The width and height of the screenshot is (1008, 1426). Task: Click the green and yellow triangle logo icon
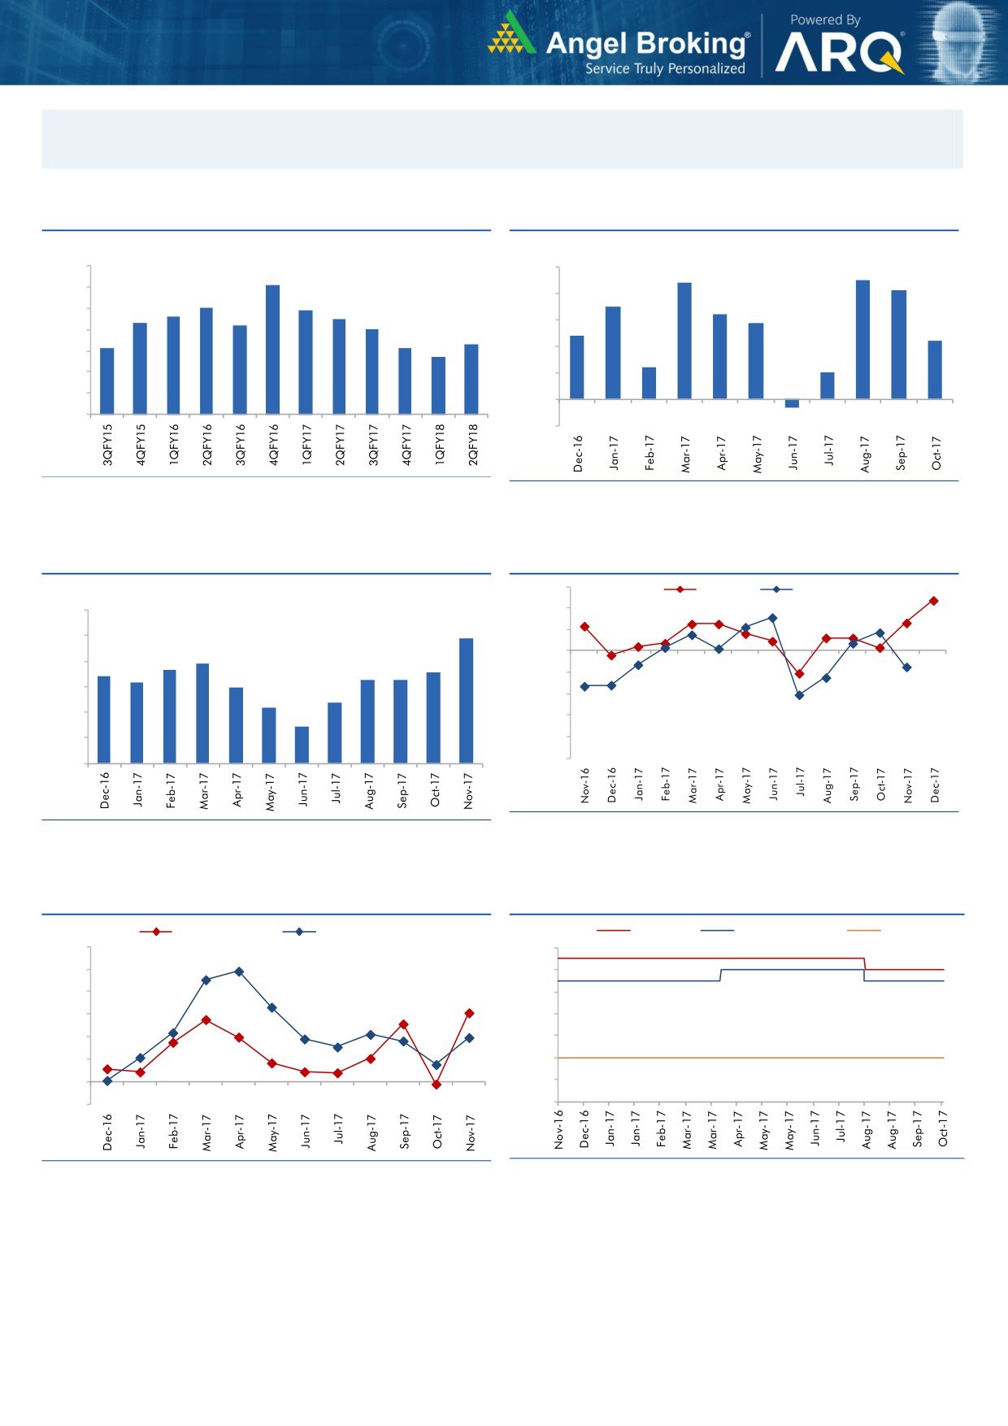(x=511, y=34)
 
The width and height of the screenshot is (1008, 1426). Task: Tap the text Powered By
(x=825, y=20)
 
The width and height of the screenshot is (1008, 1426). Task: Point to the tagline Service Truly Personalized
(x=665, y=69)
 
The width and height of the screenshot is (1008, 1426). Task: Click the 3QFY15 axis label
(x=107, y=444)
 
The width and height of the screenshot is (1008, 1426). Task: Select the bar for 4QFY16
(x=272, y=349)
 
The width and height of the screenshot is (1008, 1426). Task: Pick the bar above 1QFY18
(x=438, y=385)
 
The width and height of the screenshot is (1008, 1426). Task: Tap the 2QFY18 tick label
(x=472, y=444)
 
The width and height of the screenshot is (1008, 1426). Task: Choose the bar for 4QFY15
(x=140, y=367)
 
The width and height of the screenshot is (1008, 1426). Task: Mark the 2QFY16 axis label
(x=206, y=444)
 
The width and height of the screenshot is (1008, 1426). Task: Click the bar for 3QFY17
(x=371, y=371)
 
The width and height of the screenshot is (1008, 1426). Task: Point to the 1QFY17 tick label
(x=306, y=444)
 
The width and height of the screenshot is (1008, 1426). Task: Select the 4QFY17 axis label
(x=406, y=444)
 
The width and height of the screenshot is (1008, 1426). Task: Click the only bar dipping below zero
(x=792, y=403)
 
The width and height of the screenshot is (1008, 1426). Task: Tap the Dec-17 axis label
(x=935, y=785)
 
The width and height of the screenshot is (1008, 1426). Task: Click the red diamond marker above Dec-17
(x=934, y=601)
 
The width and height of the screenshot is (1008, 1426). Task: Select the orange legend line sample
(x=863, y=930)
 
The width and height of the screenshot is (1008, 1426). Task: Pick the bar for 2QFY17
(x=339, y=366)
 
